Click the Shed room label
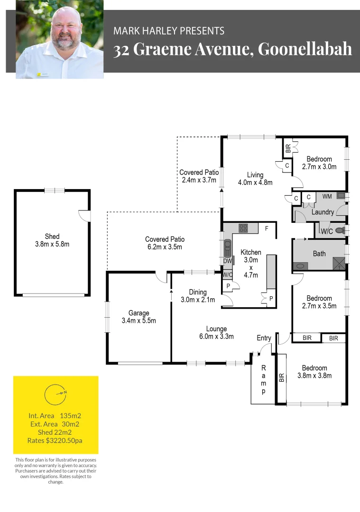pos(52,240)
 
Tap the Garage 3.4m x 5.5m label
pos(138,317)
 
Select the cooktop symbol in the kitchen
pos(243,228)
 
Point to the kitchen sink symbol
pos(227,247)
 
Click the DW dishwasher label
pos(227,261)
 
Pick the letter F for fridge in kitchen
pos(267,229)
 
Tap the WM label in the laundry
pos(327,196)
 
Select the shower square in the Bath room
pos(339,264)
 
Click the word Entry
pos(264,338)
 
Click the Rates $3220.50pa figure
pos(55,440)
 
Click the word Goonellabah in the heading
pos(305,49)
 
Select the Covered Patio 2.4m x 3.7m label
pos(198,176)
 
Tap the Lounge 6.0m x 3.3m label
pos(216,333)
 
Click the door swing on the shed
pos(84,215)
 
